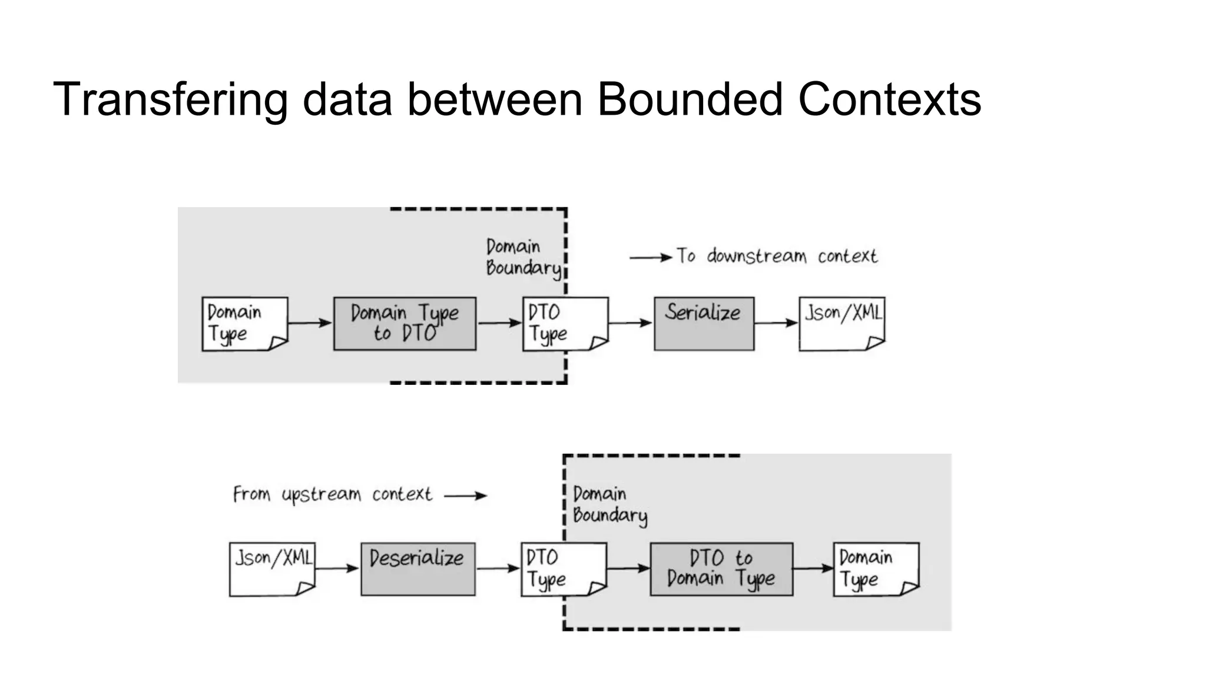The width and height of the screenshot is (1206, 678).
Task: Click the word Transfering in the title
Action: [171, 99]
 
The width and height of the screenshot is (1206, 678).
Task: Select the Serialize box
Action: [704, 324]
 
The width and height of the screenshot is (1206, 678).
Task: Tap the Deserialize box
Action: [418, 569]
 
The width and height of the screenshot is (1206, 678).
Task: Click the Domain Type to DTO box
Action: [405, 324]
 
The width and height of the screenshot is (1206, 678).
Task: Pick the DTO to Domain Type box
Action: [721, 569]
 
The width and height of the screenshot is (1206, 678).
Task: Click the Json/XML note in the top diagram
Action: [841, 324]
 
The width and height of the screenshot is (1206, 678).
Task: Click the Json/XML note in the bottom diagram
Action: [272, 569]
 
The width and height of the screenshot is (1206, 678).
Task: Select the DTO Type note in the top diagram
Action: [565, 324]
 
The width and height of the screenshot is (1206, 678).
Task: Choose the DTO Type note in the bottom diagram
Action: [563, 569]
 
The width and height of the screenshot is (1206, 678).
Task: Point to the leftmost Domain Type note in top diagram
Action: [244, 324]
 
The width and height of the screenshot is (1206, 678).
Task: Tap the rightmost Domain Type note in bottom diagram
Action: [876, 569]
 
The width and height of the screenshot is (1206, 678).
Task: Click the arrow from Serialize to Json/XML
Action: [776, 323]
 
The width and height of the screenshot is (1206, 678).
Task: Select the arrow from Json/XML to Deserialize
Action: [337, 568]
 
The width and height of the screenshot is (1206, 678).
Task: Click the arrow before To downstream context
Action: [651, 257]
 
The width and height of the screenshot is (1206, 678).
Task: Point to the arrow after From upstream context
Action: [465, 496]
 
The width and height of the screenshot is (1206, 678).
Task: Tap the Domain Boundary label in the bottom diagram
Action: [608, 504]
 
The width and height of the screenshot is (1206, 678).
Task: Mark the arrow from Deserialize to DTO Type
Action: [498, 568]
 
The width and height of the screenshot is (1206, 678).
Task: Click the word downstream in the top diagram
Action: [756, 256]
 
